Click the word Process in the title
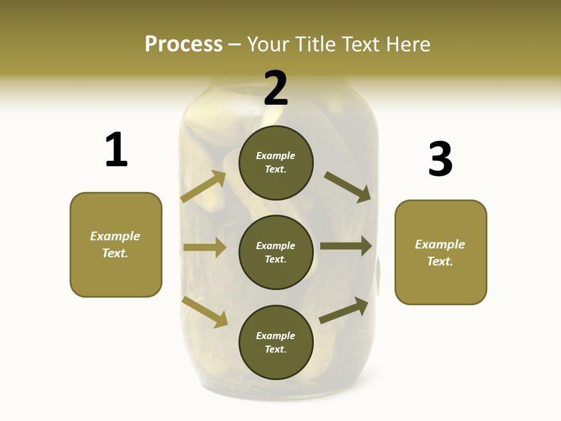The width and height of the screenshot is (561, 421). (x=183, y=44)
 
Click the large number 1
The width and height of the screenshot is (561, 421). (x=116, y=150)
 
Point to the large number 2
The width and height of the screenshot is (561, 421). (x=276, y=88)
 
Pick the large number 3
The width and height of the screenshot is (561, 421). (x=440, y=159)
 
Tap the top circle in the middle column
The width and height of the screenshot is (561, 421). (x=276, y=163)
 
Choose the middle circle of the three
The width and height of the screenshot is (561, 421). (x=276, y=252)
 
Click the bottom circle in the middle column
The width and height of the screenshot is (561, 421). (x=276, y=343)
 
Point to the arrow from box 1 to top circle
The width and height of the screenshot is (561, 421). (x=203, y=187)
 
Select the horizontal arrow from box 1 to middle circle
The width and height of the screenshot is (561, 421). (x=205, y=247)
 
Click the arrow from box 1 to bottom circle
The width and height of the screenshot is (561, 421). (x=205, y=311)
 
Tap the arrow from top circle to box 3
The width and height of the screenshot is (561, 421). (x=348, y=187)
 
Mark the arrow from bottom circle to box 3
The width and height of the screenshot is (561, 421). (x=344, y=310)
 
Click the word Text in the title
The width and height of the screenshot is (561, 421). (x=365, y=44)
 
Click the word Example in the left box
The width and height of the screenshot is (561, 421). (x=115, y=236)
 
